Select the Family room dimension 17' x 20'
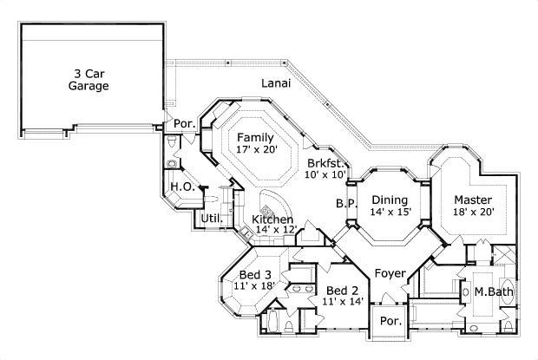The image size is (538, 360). pos(255,150)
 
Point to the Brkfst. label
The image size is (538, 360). pos(327,162)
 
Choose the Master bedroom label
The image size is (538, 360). pos(473,199)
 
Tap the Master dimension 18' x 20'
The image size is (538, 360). pos(473,212)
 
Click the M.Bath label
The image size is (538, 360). pos(493,292)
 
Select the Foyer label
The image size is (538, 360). pos(390,274)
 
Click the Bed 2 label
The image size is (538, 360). pos(343,290)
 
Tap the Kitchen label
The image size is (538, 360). pos(272,219)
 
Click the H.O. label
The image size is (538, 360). pos(181,187)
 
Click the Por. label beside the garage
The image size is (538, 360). pos(185,123)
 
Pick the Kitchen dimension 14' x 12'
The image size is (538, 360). pos(276,231)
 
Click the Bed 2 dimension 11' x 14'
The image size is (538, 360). pos(342,302)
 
